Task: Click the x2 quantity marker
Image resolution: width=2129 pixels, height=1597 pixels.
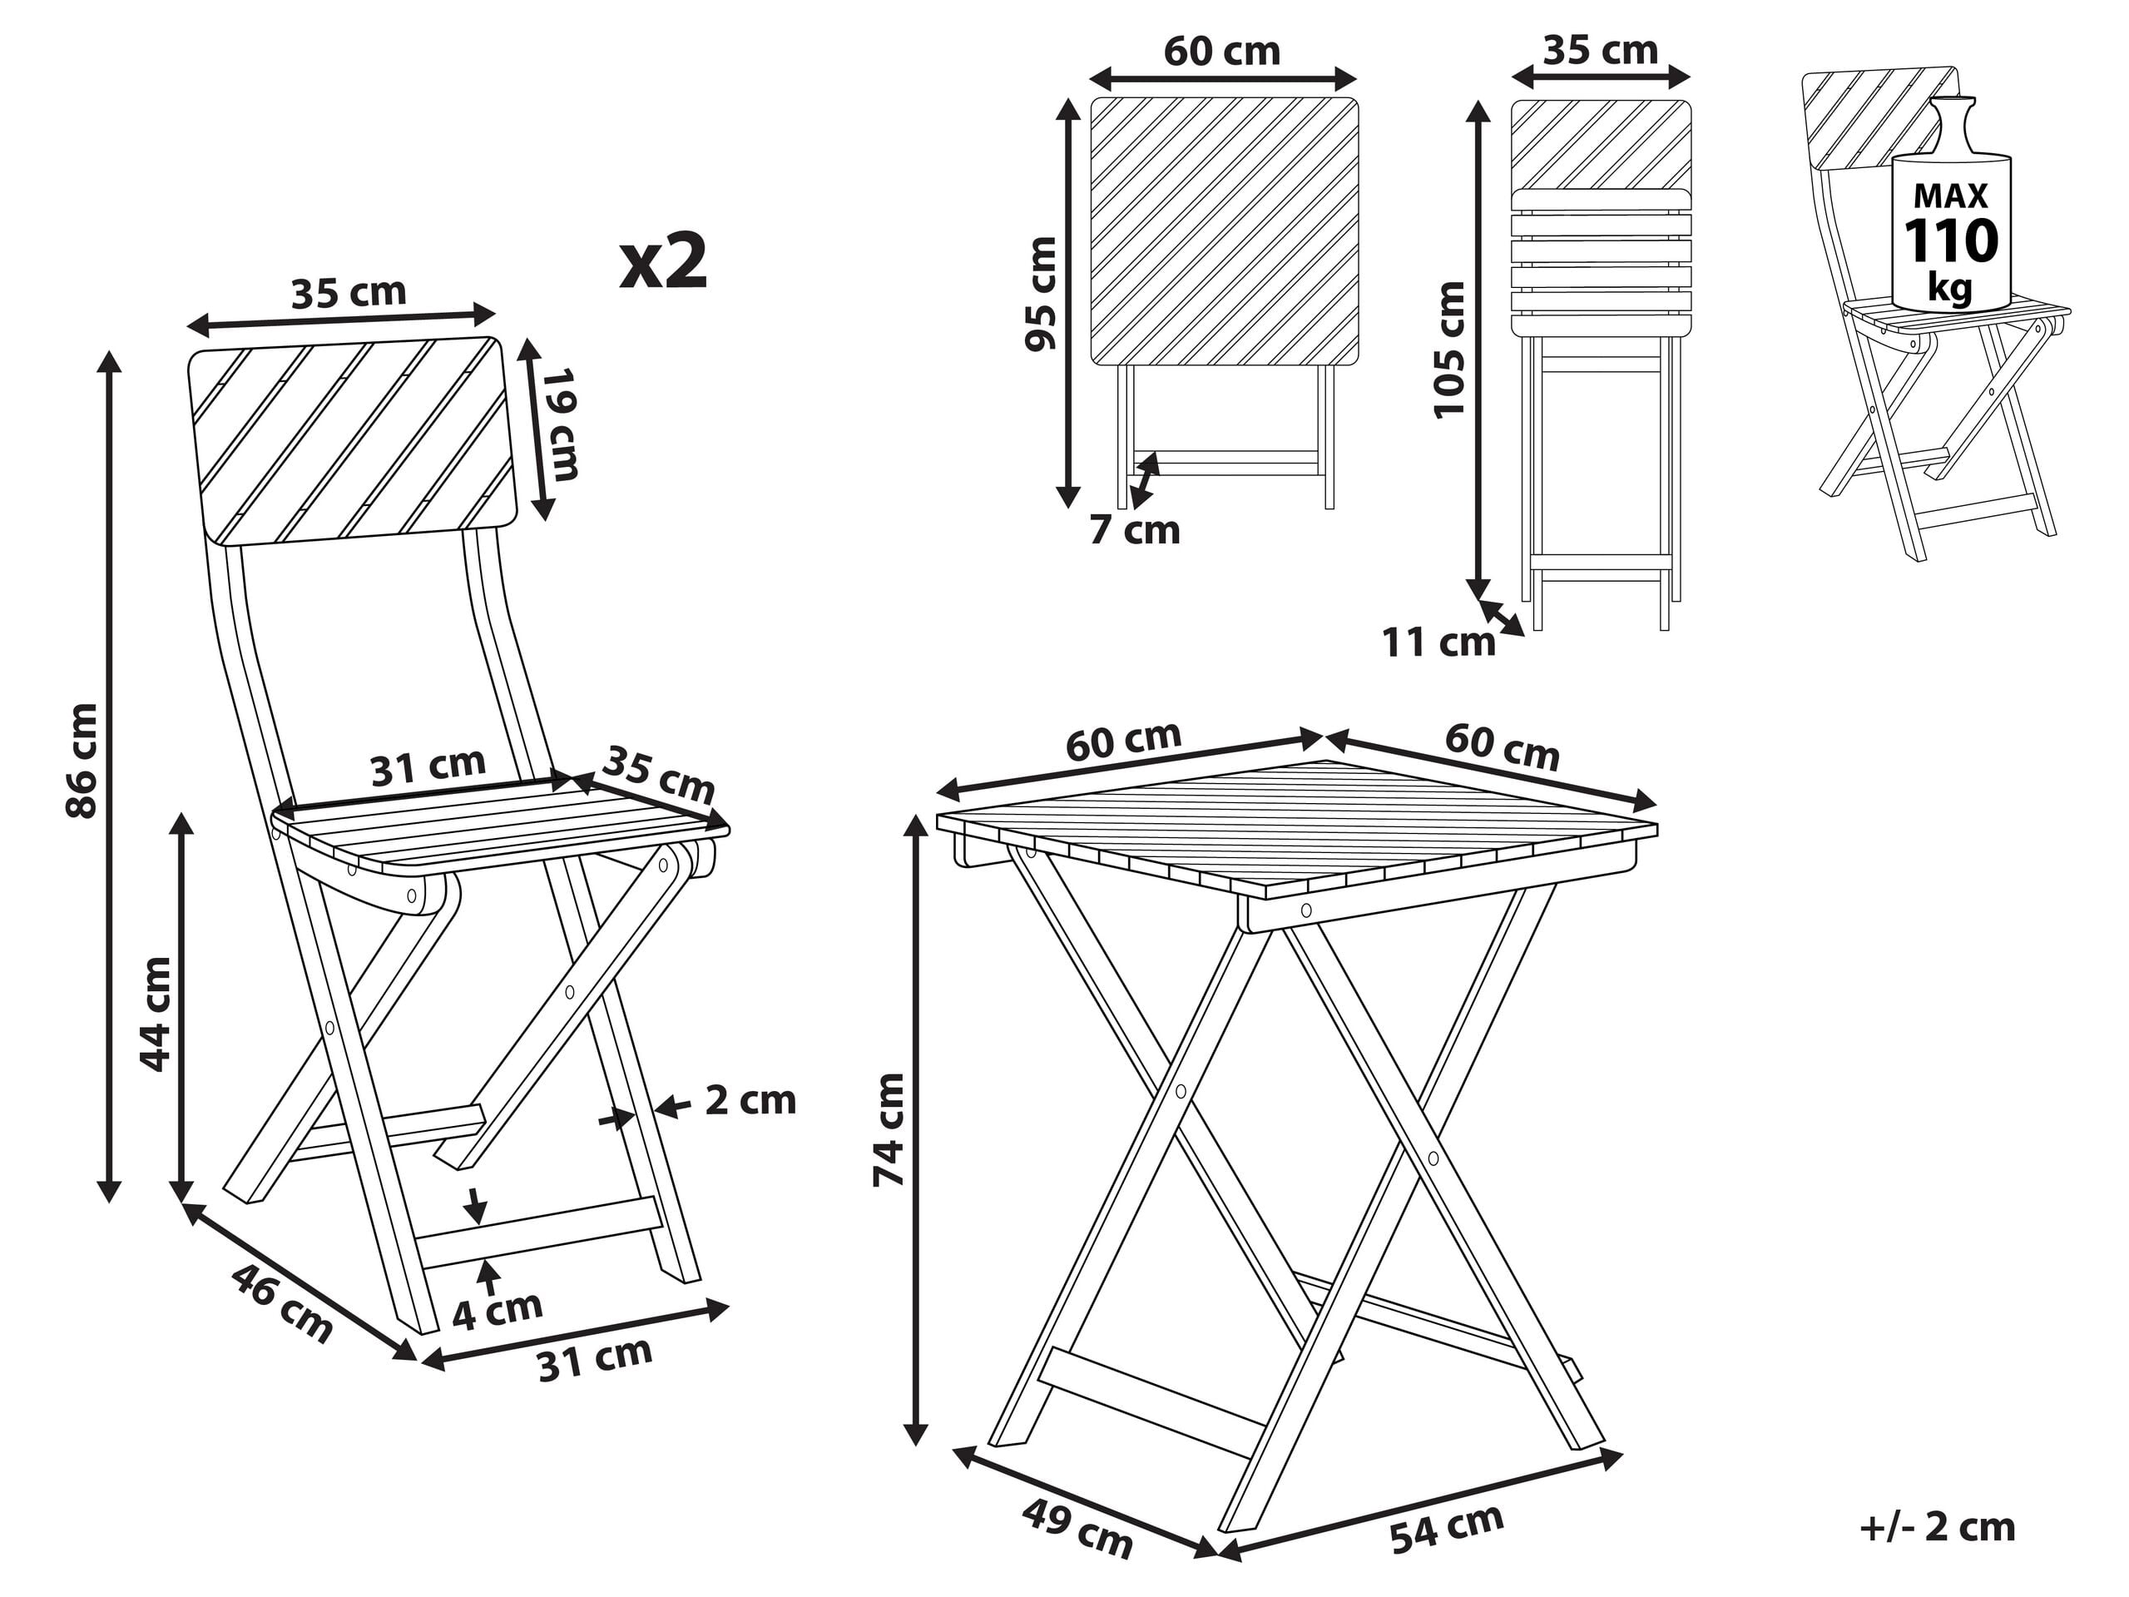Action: click(663, 263)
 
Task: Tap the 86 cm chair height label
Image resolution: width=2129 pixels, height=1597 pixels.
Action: click(82, 761)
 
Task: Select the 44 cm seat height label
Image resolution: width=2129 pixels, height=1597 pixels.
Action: click(156, 1014)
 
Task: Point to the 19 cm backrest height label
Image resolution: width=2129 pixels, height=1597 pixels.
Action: click(559, 424)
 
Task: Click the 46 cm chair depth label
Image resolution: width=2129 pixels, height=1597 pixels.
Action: click(282, 1303)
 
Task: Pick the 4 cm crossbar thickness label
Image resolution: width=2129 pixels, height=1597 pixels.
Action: click(498, 1309)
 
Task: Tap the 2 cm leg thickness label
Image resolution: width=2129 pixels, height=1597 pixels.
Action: click(750, 1100)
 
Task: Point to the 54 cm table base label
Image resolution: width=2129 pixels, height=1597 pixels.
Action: click(1446, 1528)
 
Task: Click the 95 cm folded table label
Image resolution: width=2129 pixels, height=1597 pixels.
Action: click(1041, 294)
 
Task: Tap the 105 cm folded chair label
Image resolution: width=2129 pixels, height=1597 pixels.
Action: click(1448, 350)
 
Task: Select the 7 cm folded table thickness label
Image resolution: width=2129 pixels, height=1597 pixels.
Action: click(1134, 530)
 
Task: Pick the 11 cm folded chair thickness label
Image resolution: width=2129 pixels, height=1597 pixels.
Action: click(1438, 643)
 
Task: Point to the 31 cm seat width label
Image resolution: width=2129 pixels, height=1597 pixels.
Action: click(428, 766)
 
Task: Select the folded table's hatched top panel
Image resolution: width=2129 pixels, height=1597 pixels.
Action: click(1225, 231)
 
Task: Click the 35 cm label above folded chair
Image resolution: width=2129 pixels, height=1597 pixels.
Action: click(1600, 50)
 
